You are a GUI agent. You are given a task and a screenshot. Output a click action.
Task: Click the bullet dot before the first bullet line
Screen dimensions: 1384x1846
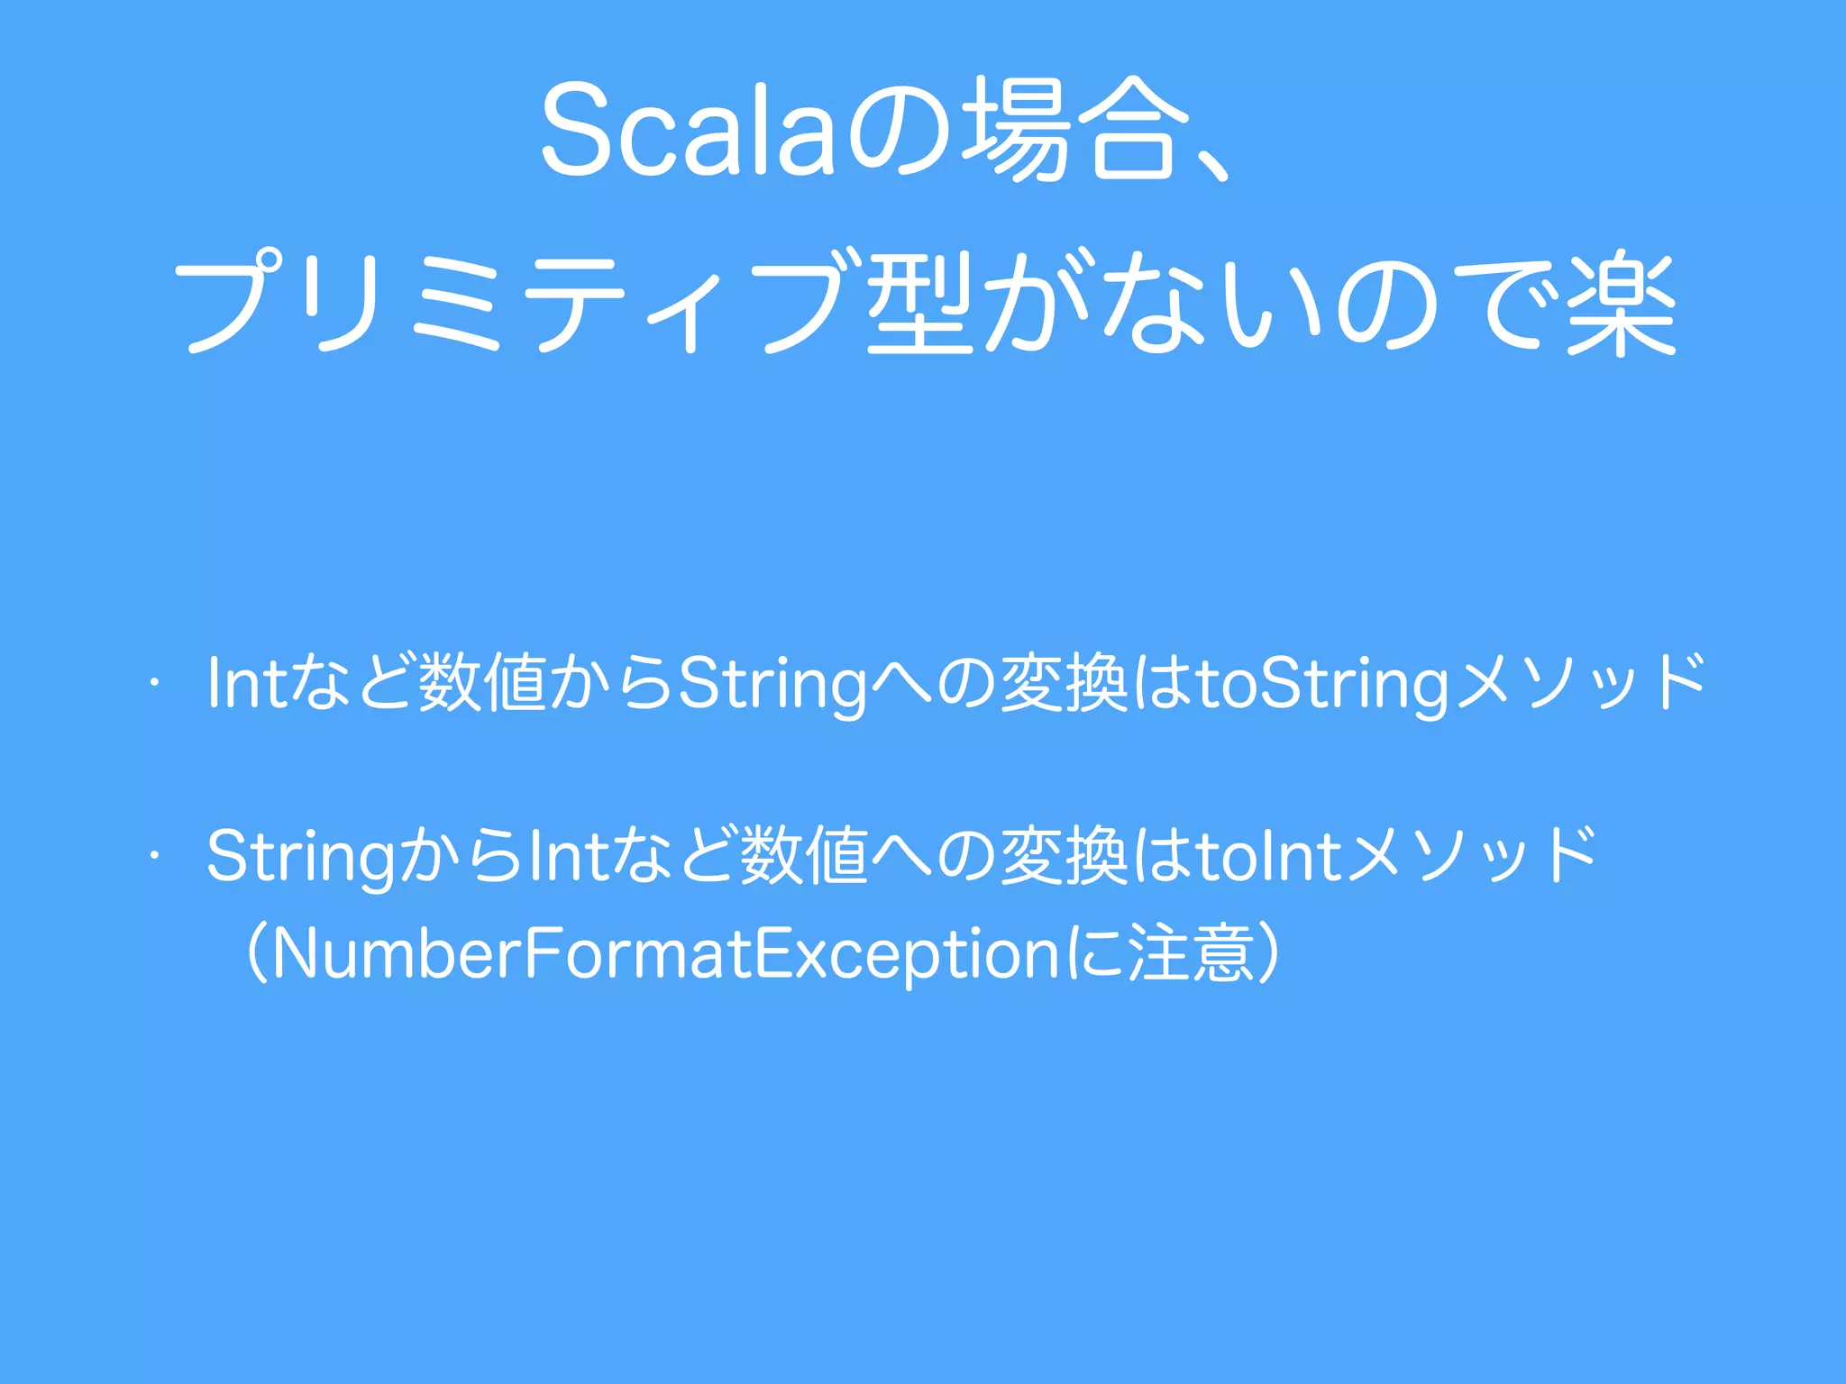[x=155, y=683]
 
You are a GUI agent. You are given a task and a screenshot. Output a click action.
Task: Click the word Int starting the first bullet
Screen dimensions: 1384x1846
[x=245, y=683]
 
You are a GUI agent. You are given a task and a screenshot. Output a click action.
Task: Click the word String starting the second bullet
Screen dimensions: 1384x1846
[x=301, y=856]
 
